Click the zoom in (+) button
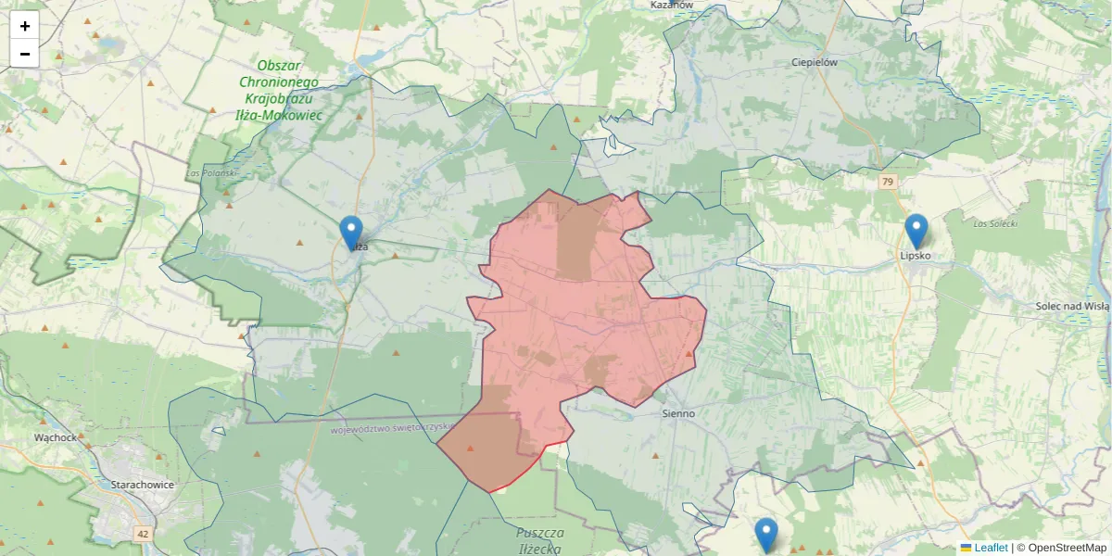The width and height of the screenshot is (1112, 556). pos(25,26)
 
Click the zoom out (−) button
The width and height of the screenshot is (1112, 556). pos(25,54)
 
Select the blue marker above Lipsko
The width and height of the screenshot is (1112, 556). pos(916,232)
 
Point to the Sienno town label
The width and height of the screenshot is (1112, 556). pos(679,413)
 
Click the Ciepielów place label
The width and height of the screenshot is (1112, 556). pos(815,62)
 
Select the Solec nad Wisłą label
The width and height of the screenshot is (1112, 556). pos(1072,306)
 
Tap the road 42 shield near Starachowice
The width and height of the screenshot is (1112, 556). pos(143,534)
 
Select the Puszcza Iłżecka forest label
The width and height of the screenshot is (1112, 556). pos(541,539)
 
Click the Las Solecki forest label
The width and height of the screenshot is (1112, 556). pos(996,224)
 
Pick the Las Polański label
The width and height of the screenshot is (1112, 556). pos(212,173)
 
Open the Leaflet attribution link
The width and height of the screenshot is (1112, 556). pos(990,548)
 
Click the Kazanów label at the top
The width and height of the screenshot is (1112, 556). pos(672,5)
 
